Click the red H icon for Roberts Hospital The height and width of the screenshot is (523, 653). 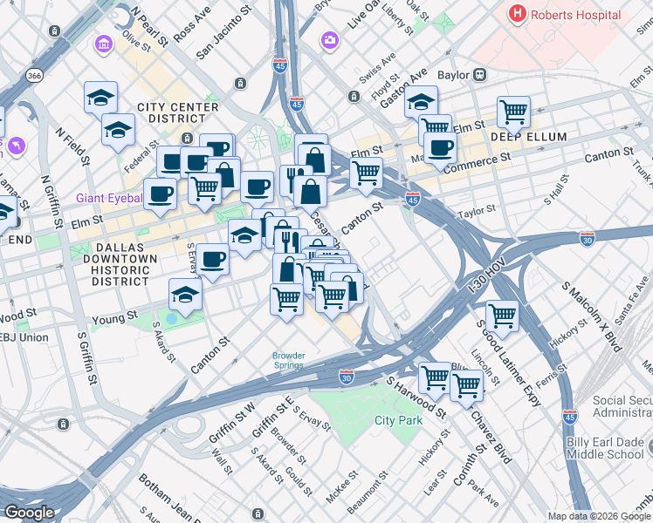click(x=519, y=14)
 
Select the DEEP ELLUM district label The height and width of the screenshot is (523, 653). click(x=528, y=138)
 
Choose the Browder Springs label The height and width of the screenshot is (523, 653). click(x=288, y=360)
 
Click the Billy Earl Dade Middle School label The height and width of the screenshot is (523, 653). click(x=605, y=448)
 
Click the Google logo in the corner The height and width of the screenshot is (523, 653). click(x=30, y=512)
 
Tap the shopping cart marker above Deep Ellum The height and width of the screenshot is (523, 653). click(x=513, y=112)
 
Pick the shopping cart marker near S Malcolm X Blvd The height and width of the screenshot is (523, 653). click(x=501, y=315)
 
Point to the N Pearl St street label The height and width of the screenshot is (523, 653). click(x=148, y=26)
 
